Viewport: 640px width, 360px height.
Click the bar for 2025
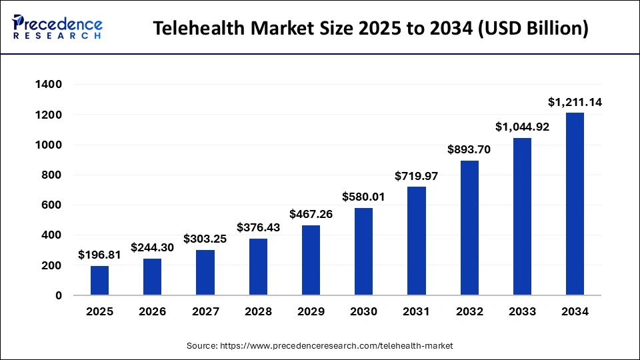click(99, 280)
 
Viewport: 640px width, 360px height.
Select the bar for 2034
click(575, 204)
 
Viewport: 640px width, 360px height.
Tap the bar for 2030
click(363, 251)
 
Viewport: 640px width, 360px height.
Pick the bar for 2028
click(258, 267)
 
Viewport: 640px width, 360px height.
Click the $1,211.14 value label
click(575, 103)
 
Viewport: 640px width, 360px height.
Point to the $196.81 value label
click(99, 255)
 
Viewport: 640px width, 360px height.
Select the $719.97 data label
click(416, 176)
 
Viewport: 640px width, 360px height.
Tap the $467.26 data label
click(311, 215)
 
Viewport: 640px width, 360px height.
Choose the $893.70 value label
click(469, 150)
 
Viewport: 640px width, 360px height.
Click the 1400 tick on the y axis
click(48, 85)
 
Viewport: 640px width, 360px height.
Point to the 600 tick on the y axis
click(51, 205)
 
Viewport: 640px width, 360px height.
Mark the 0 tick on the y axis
click(59, 295)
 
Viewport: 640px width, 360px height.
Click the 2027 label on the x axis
click(205, 311)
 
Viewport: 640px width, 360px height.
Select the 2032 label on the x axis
click(469, 311)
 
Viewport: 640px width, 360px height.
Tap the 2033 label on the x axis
click(522, 311)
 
